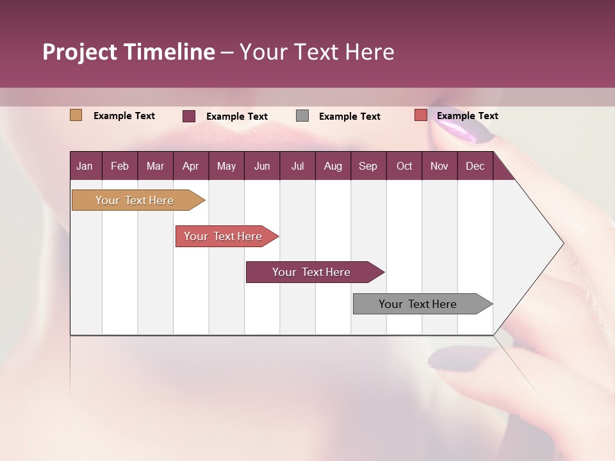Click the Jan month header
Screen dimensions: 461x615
click(85, 166)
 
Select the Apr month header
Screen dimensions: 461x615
click(190, 166)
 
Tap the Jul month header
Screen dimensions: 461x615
click(297, 166)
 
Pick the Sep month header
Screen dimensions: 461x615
click(368, 166)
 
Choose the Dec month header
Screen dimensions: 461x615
click(475, 166)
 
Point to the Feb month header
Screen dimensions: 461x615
click(120, 166)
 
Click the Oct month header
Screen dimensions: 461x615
click(404, 166)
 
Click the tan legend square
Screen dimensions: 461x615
click(76, 115)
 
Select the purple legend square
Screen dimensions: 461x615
click(189, 116)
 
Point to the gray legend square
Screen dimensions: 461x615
click(302, 116)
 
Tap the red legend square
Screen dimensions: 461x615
click(420, 115)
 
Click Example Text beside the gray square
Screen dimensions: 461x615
click(349, 117)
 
